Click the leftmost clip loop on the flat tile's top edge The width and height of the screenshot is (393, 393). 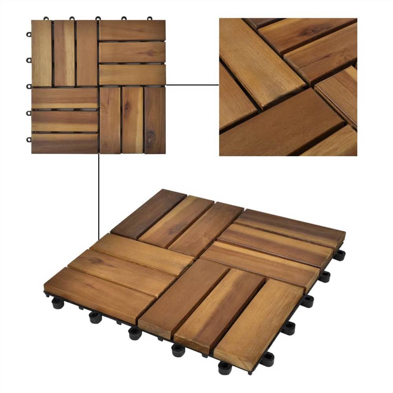[46, 18]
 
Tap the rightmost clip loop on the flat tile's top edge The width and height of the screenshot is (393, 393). [149, 18]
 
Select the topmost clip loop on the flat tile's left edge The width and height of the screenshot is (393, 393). [29, 34]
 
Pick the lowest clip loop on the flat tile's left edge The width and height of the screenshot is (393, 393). [29, 140]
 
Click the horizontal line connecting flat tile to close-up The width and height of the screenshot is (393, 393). [192, 84]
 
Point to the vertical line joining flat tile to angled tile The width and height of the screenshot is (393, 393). [98, 196]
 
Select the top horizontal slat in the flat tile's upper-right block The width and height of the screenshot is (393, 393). [132, 30]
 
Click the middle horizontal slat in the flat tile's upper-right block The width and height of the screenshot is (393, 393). [132, 52]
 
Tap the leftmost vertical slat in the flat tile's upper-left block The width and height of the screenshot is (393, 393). [42, 53]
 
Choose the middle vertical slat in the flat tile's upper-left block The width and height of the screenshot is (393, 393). [64, 53]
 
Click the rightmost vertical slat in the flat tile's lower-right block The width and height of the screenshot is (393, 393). [154, 120]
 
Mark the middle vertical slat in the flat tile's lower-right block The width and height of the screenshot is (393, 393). [132, 120]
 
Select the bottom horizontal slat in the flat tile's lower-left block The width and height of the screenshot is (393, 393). [64, 143]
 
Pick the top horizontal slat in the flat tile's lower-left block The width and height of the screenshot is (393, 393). [64, 98]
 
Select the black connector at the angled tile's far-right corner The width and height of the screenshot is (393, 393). [339, 255]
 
